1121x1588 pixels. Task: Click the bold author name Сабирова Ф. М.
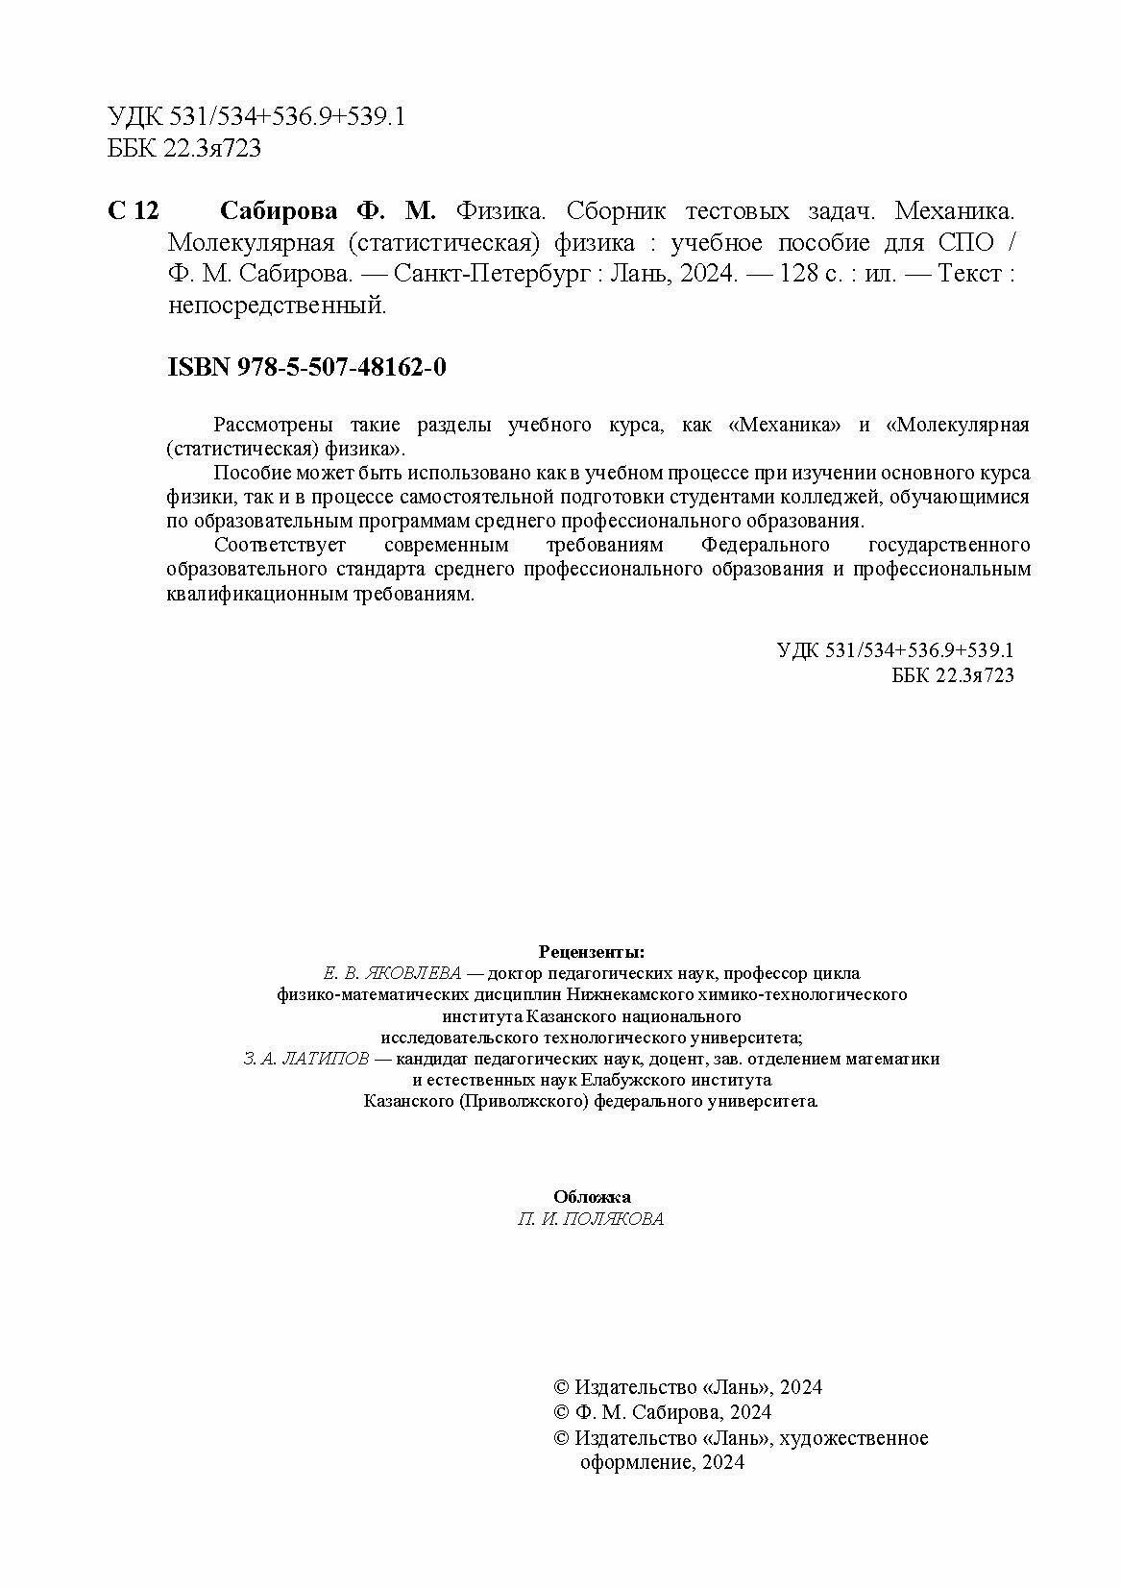[329, 210]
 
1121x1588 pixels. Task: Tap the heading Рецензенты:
[592, 951]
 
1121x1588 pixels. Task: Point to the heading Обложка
[592, 1196]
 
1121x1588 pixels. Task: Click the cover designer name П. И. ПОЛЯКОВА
[590, 1218]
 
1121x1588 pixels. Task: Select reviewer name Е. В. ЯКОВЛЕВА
[394, 972]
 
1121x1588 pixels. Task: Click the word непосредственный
[277, 305]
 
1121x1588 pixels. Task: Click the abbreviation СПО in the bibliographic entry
[964, 242]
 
